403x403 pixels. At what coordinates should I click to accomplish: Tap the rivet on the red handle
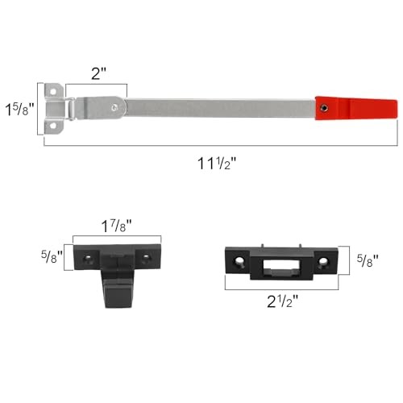coord(323,106)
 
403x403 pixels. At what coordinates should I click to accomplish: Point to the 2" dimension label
coord(98,73)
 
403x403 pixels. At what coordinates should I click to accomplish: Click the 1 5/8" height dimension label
coord(19,107)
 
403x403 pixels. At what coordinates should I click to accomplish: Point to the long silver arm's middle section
coord(218,106)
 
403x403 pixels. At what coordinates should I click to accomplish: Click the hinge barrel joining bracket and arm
coord(73,106)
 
